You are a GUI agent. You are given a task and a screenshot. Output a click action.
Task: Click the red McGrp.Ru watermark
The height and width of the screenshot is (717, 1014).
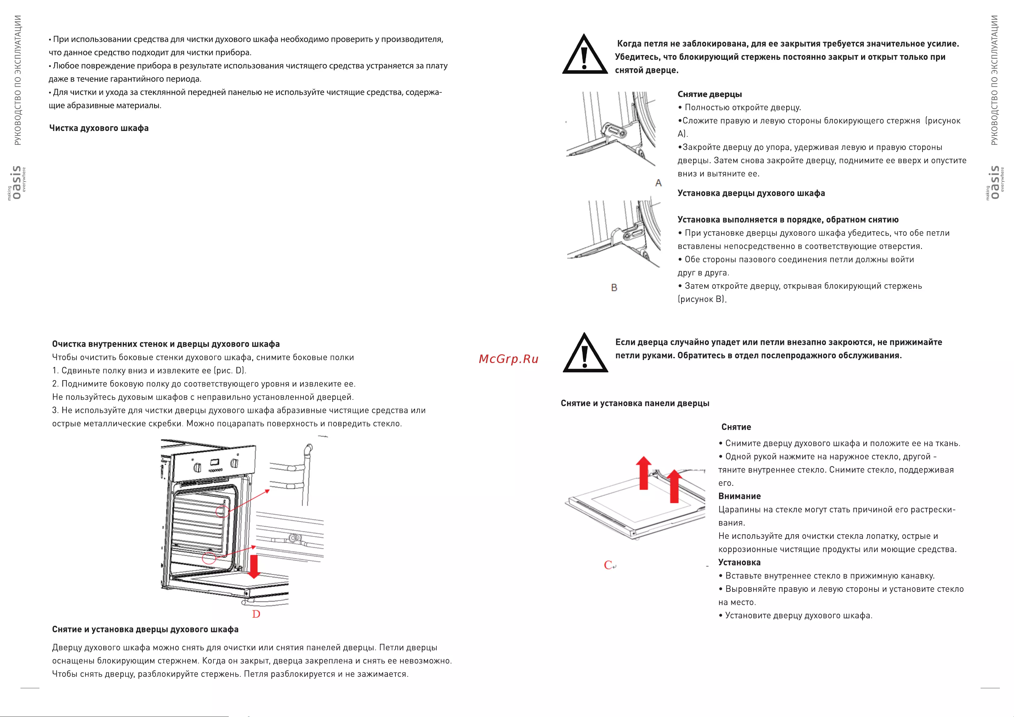point(508,359)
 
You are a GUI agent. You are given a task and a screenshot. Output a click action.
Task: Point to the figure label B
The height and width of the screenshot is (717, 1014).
point(614,287)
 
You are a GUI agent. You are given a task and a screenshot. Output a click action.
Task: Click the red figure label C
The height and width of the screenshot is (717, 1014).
point(608,565)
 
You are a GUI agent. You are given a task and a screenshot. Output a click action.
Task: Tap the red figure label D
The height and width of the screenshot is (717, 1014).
point(256,614)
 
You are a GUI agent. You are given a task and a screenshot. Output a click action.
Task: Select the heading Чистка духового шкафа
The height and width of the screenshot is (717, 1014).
point(99,128)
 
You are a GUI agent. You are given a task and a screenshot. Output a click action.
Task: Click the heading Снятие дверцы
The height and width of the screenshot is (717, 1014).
point(710,94)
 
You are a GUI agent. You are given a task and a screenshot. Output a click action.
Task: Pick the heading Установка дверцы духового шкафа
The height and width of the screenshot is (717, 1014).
point(751,193)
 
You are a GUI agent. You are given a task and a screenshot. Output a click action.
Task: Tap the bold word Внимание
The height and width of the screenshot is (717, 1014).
point(739,496)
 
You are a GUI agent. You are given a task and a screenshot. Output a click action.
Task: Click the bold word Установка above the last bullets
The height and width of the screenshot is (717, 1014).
point(739,562)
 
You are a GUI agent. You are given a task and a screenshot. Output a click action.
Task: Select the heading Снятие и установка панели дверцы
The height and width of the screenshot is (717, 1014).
point(635,403)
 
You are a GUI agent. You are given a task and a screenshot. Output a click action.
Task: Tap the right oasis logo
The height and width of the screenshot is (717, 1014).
point(995,182)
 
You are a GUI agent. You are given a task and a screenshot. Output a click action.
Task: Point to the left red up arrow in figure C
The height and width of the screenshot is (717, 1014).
point(644,473)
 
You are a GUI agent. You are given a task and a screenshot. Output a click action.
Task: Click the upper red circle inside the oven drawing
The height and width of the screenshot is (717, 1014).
point(222,512)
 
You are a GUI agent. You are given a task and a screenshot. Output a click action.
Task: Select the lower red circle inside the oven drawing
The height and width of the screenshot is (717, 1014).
point(209,558)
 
